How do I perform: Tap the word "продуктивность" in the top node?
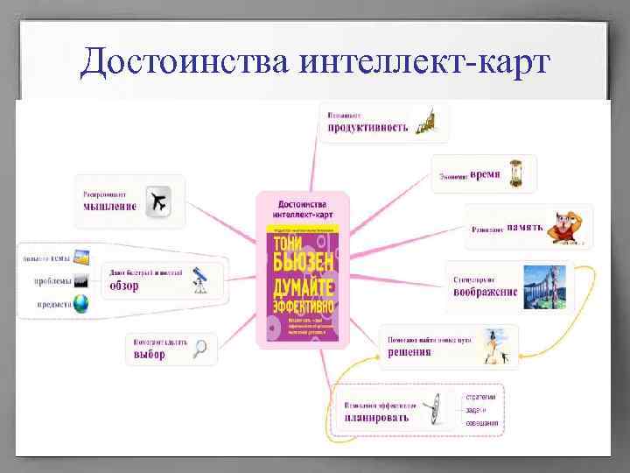click(367, 127)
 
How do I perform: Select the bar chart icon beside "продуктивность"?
click(426, 122)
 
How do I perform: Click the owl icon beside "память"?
click(572, 227)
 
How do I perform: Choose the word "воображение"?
click(485, 292)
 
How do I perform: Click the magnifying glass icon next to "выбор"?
click(200, 348)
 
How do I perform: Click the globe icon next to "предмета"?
click(81, 304)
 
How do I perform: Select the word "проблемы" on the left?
click(52, 281)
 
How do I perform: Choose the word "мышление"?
click(109, 207)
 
